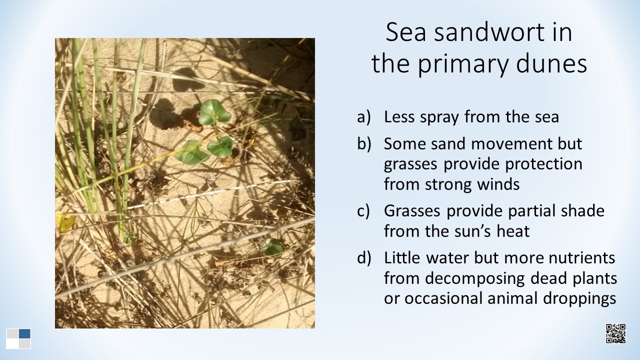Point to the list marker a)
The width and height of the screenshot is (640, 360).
363,117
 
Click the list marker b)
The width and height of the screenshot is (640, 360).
364,143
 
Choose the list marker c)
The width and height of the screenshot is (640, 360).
363,211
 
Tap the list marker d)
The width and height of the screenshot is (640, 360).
364,258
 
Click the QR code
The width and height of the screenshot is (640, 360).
615,333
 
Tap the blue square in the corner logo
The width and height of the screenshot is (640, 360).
24,333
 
